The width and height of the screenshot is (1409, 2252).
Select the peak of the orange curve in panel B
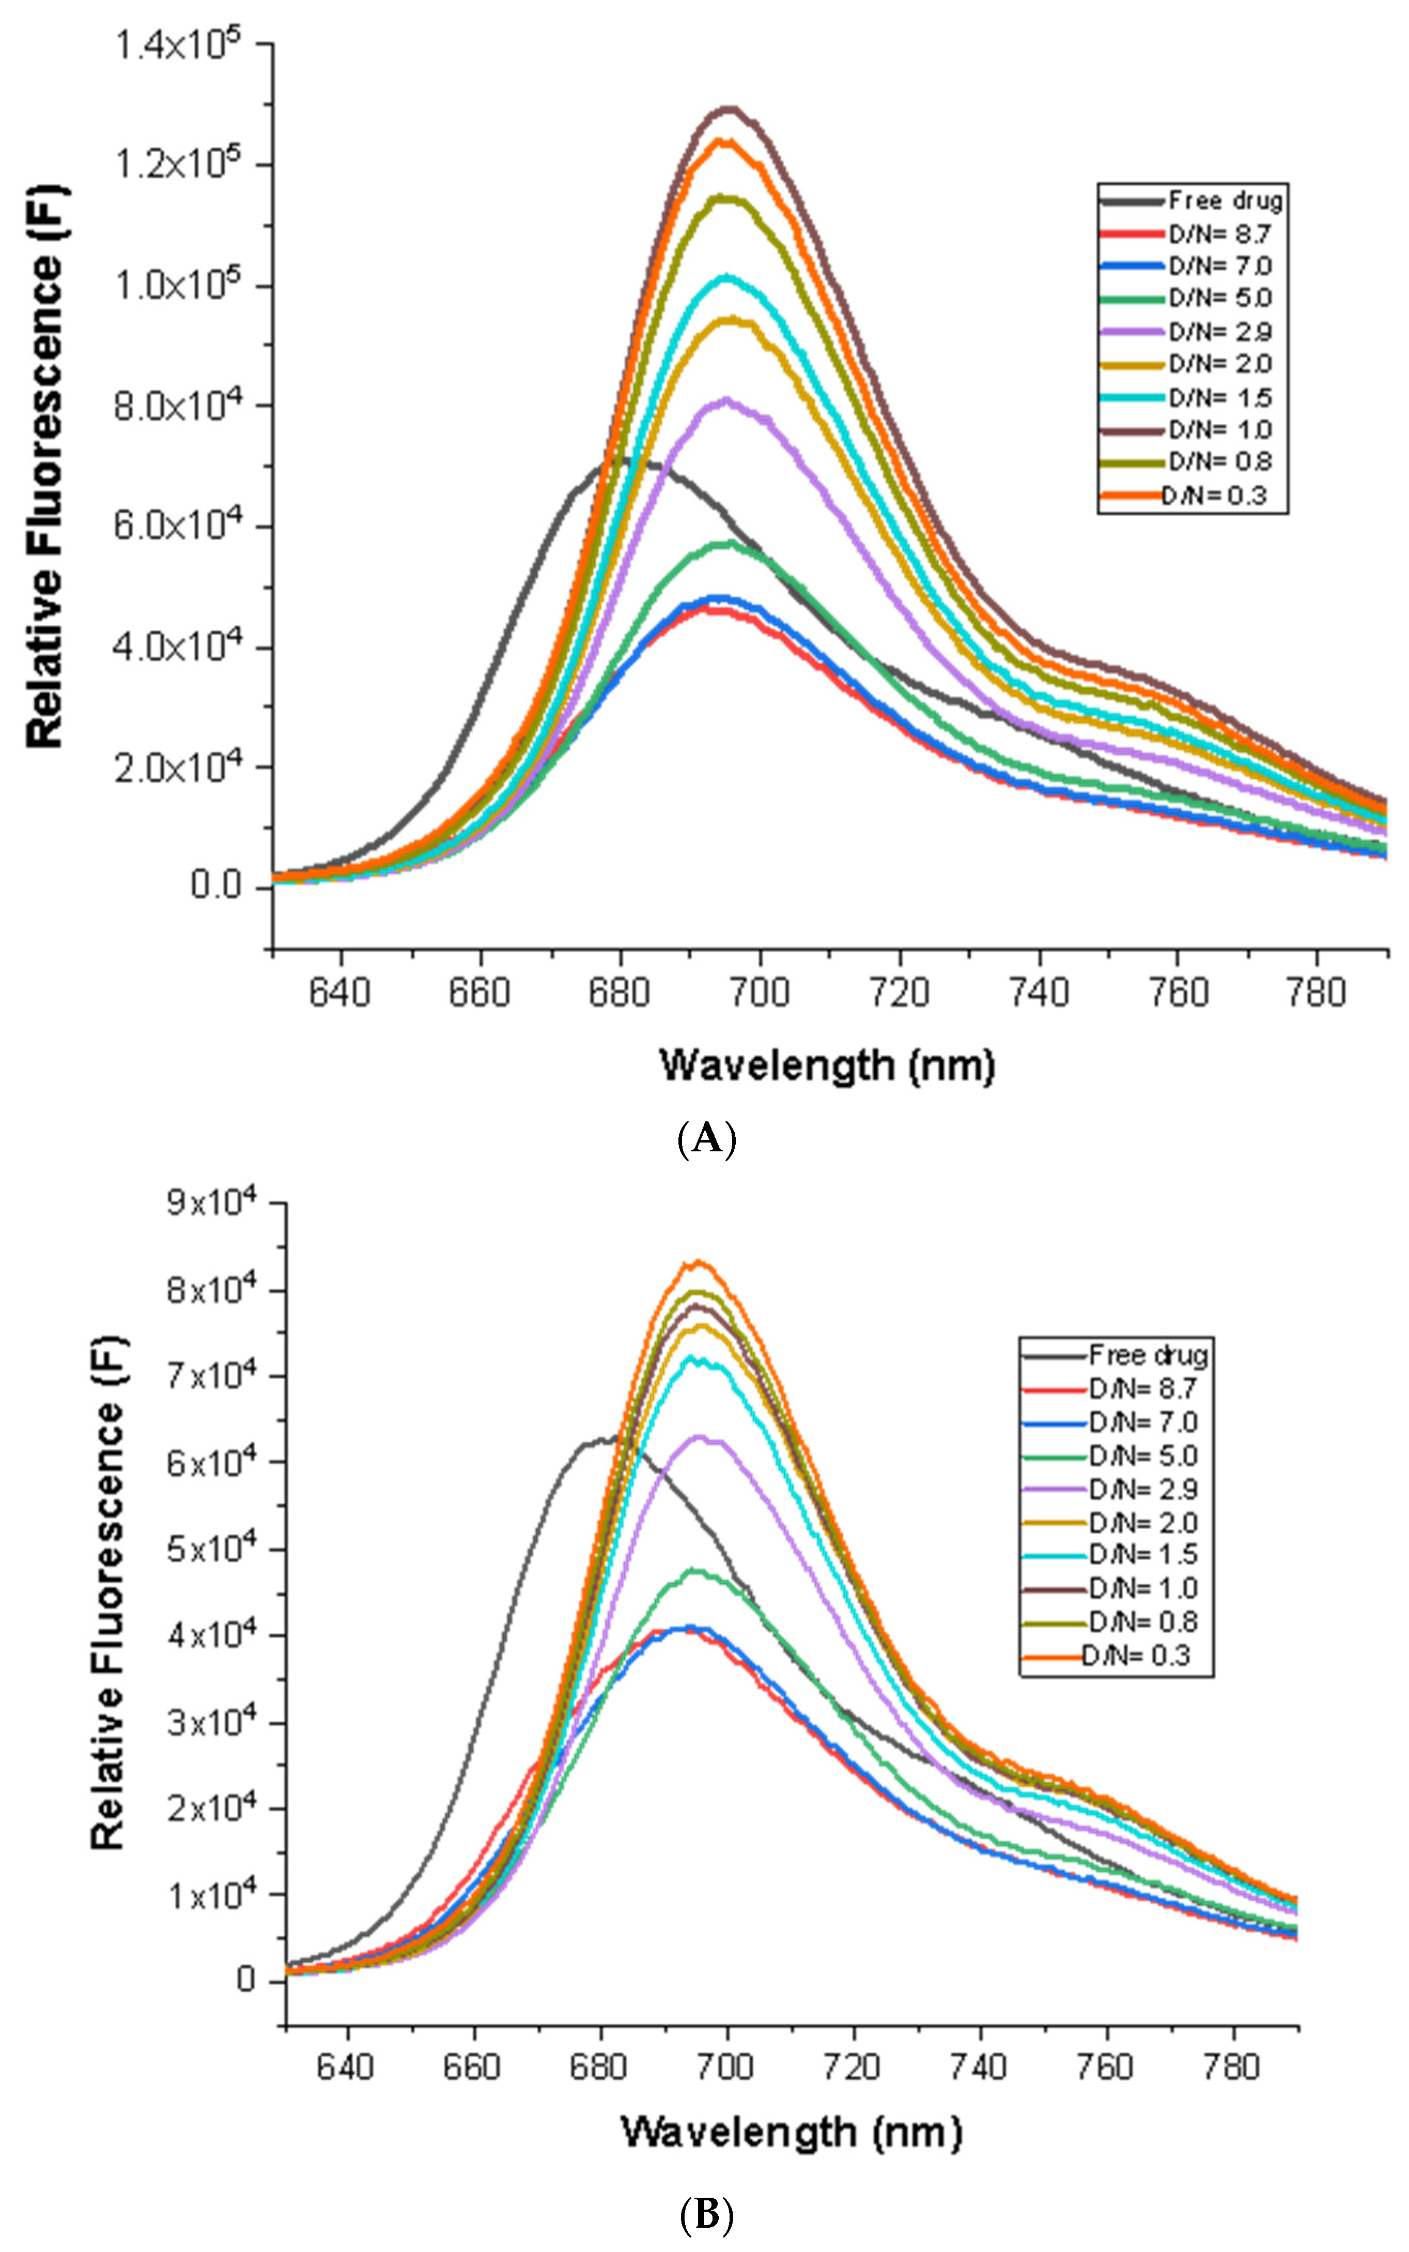click(x=697, y=1262)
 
